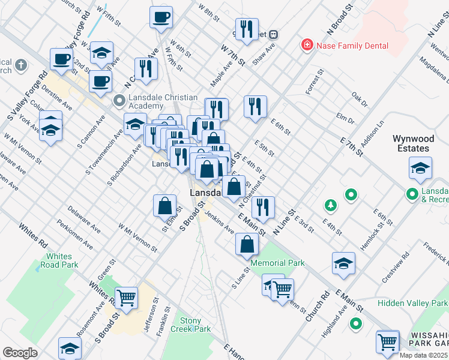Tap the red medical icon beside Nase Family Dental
coord(307,45)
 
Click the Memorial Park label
coord(277,263)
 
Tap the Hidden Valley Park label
coord(414,304)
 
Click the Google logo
coord(20,352)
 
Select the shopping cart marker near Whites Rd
coord(126,297)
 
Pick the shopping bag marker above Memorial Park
coord(247,244)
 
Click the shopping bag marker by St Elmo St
coord(164,206)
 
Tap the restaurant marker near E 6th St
coord(256,106)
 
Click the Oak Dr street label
coord(360,96)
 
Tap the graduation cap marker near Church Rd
coord(343,263)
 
